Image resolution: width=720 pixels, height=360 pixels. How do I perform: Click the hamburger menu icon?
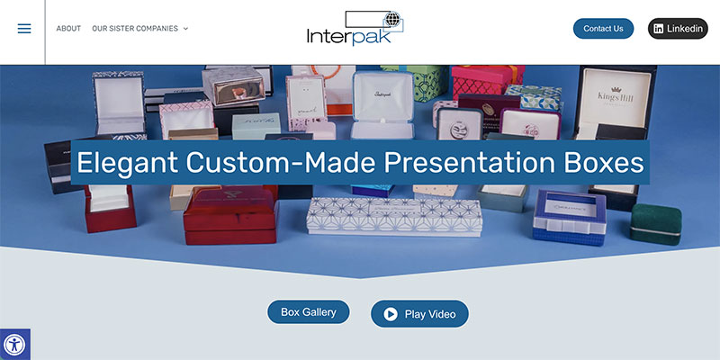(x=24, y=29)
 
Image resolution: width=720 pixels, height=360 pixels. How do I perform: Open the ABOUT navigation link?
(x=68, y=29)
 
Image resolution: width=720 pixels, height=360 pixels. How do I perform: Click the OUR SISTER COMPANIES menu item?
(x=135, y=29)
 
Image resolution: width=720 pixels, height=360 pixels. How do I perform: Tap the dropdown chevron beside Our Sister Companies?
(x=185, y=29)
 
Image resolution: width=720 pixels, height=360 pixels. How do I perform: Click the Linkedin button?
(x=678, y=29)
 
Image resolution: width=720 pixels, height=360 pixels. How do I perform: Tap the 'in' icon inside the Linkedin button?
(x=659, y=29)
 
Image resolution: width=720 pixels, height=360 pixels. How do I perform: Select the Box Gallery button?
(x=308, y=312)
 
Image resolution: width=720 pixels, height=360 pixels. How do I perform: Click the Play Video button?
(x=419, y=314)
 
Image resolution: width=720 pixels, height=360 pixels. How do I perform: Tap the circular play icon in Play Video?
(x=391, y=314)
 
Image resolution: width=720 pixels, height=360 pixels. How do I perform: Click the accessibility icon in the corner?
(x=14, y=345)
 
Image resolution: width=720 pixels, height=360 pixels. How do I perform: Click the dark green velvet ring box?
(x=654, y=223)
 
